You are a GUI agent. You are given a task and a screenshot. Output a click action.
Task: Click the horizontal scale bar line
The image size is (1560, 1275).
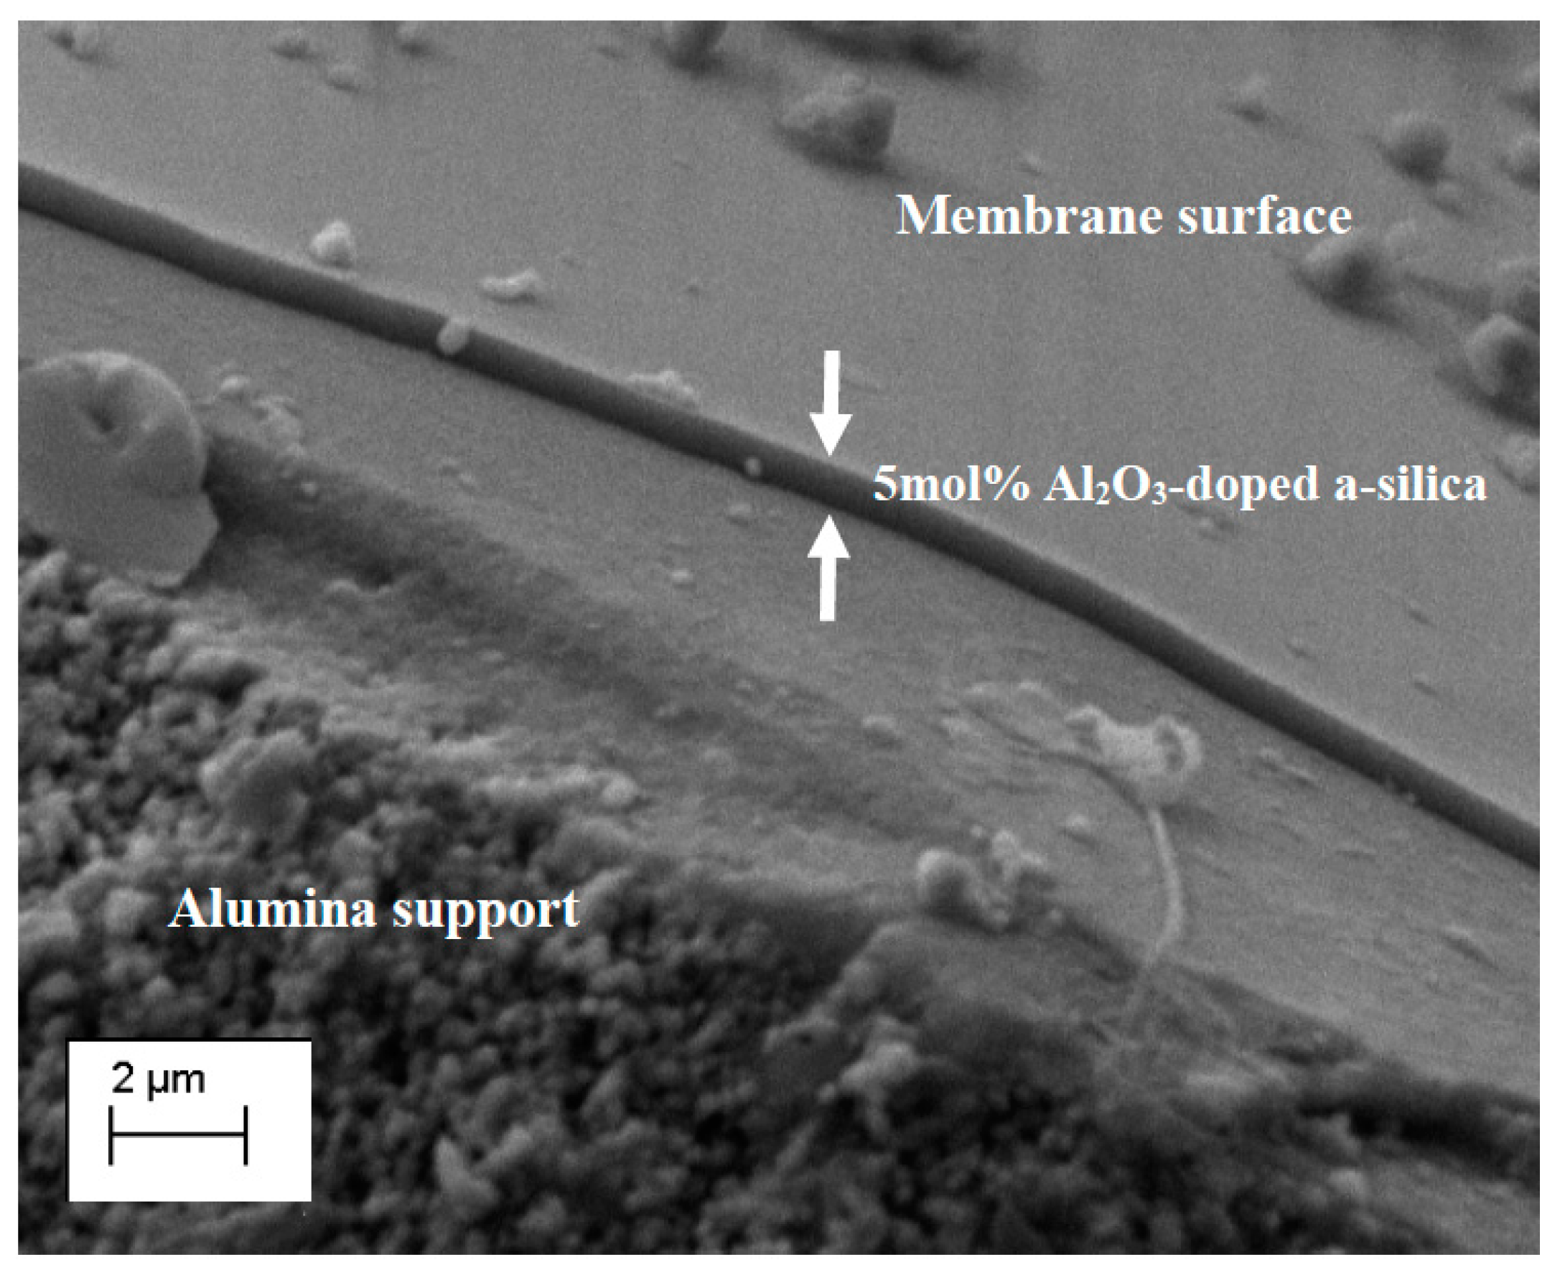(178, 1135)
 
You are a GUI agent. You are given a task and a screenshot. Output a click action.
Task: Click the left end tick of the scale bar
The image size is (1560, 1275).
(111, 1135)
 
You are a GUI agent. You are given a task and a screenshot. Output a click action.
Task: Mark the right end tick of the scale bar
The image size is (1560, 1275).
(246, 1135)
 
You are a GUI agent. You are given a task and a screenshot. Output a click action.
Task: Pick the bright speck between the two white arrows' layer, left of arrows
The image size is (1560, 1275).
(753, 466)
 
